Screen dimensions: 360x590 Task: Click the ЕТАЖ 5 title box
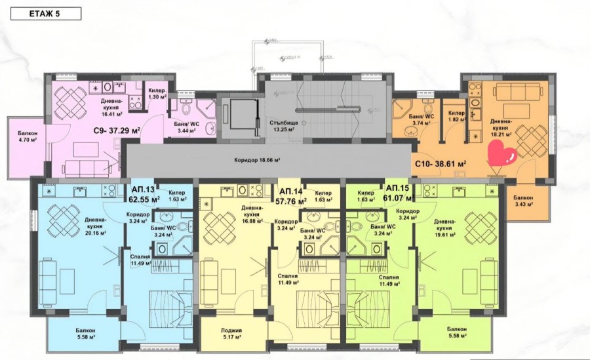pyautogui.click(x=47, y=13)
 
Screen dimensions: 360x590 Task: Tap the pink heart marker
pyautogui.click(x=503, y=155)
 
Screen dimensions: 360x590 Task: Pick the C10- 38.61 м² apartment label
pyautogui.click(x=440, y=164)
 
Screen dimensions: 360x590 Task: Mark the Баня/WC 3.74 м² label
pyautogui.click(x=413, y=119)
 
